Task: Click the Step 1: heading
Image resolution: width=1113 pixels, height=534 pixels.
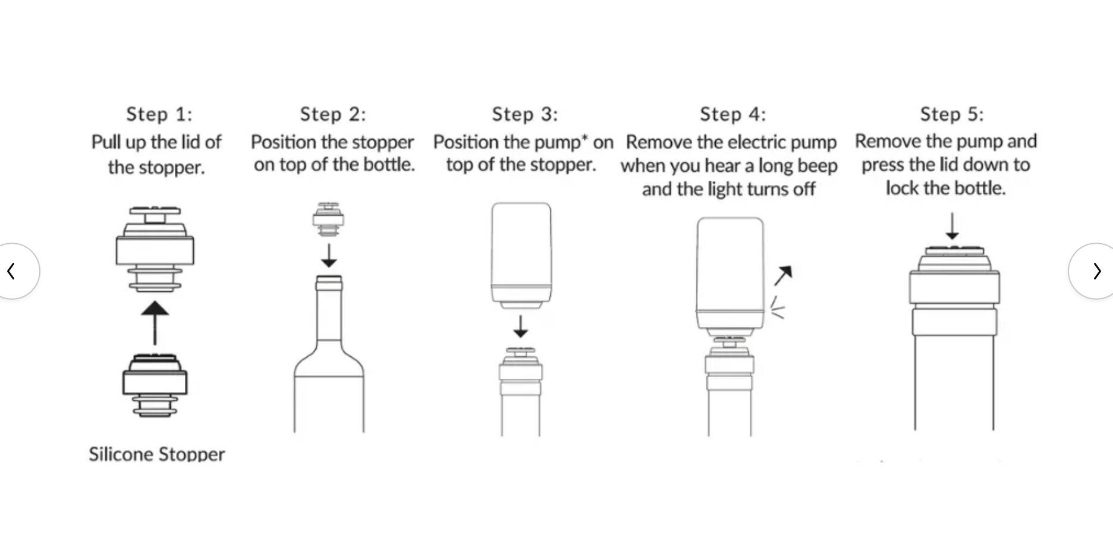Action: click(x=159, y=114)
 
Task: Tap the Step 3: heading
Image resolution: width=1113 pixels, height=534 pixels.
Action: click(x=524, y=114)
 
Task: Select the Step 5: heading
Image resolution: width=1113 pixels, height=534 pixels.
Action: click(x=951, y=114)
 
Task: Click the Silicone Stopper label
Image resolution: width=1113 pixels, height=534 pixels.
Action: click(x=157, y=454)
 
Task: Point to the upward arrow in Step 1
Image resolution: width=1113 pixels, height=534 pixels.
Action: click(x=155, y=322)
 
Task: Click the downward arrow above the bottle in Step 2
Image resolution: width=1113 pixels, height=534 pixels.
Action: click(x=329, y=255)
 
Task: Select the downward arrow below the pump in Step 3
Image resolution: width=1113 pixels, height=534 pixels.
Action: click(x=520, y=326)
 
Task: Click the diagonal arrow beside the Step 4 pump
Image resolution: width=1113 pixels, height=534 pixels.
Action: click(x=783, y=275)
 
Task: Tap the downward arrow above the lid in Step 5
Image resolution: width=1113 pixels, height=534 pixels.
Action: click(x=952, y=227)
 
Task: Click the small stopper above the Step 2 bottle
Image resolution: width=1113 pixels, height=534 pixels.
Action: click(x=328, y=219)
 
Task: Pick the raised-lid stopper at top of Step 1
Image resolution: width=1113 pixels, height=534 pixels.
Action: click(x=155, y=249)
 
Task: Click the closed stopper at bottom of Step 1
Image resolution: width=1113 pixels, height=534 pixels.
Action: click(x=155, y=385)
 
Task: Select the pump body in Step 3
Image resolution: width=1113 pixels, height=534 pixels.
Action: click(x=521, y=253)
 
